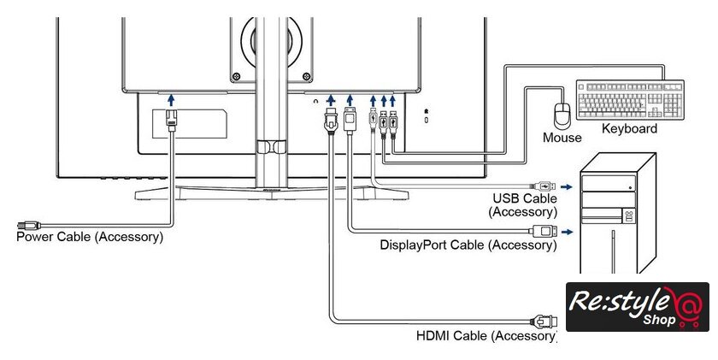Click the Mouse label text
(x=562, y=138)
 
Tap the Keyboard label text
(x=629, y=129)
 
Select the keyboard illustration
(x=630, y=100)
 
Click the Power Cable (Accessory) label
(x=90, y=236)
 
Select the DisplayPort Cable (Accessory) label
(x=468, y=245)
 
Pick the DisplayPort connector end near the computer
(x=544, y=232)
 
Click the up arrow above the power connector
(x=171, y=101)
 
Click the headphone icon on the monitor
(x=317, y=101)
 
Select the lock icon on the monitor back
(x=427, y=112)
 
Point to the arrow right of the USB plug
(x=567, y=184)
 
